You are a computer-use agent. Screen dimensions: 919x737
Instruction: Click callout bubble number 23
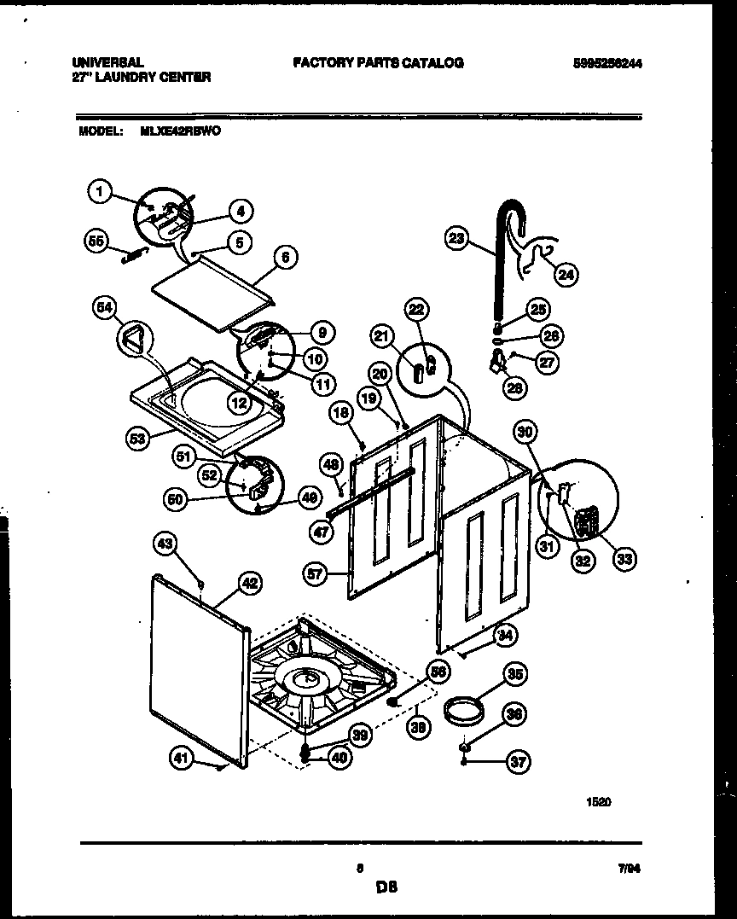coord(456,239)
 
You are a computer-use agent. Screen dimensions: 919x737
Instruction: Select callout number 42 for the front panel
coord(248,584)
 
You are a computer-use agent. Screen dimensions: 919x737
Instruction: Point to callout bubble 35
coord(514,674)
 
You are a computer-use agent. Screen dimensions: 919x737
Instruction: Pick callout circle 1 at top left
coord(100,193)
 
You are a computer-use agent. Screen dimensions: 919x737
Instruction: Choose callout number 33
coord(624,559)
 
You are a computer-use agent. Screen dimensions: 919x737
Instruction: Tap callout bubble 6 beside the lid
coord(285,256)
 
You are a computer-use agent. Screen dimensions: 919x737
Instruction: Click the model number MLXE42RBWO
coord(179,132)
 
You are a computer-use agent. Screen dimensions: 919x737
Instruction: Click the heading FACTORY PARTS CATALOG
coord(378,63)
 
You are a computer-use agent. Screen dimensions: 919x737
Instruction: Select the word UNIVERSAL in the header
coord(107,63)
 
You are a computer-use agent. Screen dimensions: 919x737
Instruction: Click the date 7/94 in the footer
coord(629,868)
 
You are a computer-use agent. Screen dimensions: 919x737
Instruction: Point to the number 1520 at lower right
coord(599,801)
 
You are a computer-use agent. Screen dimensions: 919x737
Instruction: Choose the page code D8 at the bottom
coord(386,887)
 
